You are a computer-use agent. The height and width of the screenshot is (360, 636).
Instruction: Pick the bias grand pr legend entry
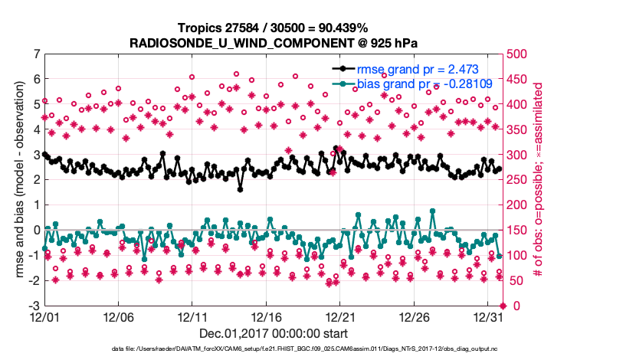coord(425,83)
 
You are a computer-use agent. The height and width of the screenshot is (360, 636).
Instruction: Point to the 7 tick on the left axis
coord(36,54)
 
